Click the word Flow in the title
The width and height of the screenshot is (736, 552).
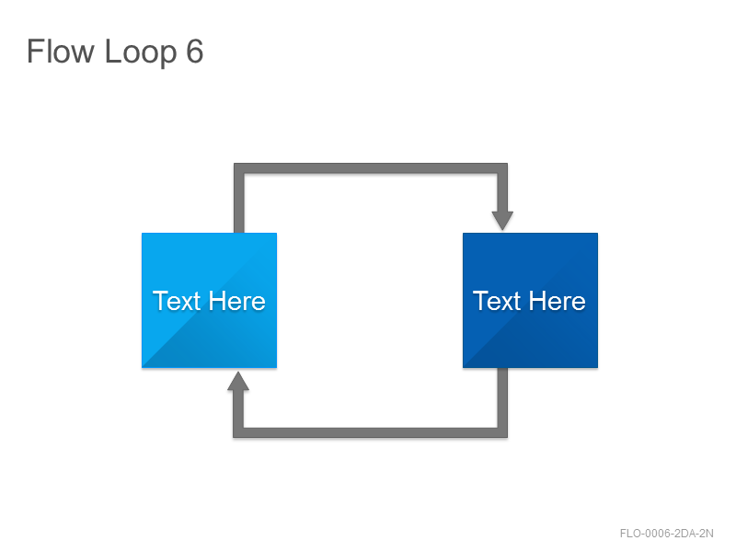(61, 52)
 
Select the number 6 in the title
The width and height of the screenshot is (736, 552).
(195, 52)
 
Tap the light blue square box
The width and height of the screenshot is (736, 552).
(210, 301)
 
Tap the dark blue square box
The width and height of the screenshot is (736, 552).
(531, 301)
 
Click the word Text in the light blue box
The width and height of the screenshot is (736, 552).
(177, 301)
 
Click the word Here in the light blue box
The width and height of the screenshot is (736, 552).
(237, 301)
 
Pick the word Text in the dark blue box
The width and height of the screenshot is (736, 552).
(497, 301)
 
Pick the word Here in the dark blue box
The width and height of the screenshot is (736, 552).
(558, 301)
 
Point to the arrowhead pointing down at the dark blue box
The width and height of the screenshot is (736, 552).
(502, 221)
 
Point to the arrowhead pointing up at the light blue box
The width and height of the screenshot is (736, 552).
(238, 381)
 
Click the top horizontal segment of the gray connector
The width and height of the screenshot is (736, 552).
(371, 168)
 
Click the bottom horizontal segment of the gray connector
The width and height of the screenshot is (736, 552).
(371, 432)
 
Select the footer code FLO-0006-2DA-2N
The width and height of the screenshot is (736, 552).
(666, 534)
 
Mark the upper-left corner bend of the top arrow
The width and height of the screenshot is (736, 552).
(239, 168)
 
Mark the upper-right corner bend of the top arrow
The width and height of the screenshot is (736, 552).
(502, 168)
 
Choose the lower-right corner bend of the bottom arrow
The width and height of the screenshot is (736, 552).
(502, 432)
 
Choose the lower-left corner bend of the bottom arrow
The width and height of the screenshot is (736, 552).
(238, 432)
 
